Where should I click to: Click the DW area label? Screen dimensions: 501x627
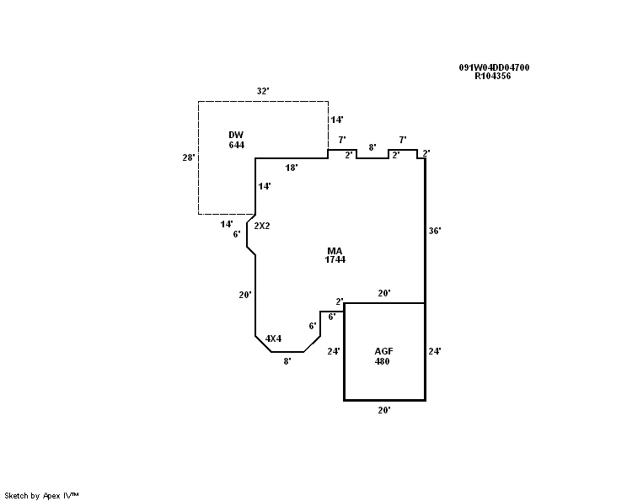pyautogui.click(x=236, y=135)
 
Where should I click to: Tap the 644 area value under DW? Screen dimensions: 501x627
pyautogui.click(x=236, y=145)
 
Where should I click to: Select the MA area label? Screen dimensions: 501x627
pyautogui.click(x=335, y=250)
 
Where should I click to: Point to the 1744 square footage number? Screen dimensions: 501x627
pyautogui.click(x=335, y=259)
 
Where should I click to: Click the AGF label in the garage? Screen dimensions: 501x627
pyautogui.click(x=384, y=351)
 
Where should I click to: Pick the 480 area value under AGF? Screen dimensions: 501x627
pyautogui.click(x=383, y=361)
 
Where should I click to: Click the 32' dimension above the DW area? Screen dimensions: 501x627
pyautogui.click(x=263, y=91)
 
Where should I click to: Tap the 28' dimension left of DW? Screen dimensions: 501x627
pyautogui.click(x=189, y=157)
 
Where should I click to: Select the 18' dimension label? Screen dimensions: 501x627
pyautogui.click(x=292, y=168)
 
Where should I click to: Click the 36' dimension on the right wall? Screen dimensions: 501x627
pyautogui.click(x=435, y=230)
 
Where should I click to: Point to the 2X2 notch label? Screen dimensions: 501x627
pyautogui.click(x=262, y=226)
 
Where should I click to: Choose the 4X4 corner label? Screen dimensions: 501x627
pyautogui.click(x=273, y=338)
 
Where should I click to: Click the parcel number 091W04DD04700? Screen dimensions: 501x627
pyautogui.click(x=494, y=67)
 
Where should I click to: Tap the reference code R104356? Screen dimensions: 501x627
pyautogui.click(x=493, y=76)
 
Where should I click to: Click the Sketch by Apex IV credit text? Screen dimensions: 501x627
pyautogui.click(x=42, y=495)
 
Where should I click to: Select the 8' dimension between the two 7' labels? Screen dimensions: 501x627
pyautogui.click(x=372, y=147)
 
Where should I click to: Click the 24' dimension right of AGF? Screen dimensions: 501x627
pyautogui.click(x=435, y=351)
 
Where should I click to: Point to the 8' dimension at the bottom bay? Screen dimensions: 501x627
pyautogui.click(x=287, y=360)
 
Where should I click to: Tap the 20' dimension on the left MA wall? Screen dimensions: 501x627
pyautogui.click(x=245, y=295)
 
